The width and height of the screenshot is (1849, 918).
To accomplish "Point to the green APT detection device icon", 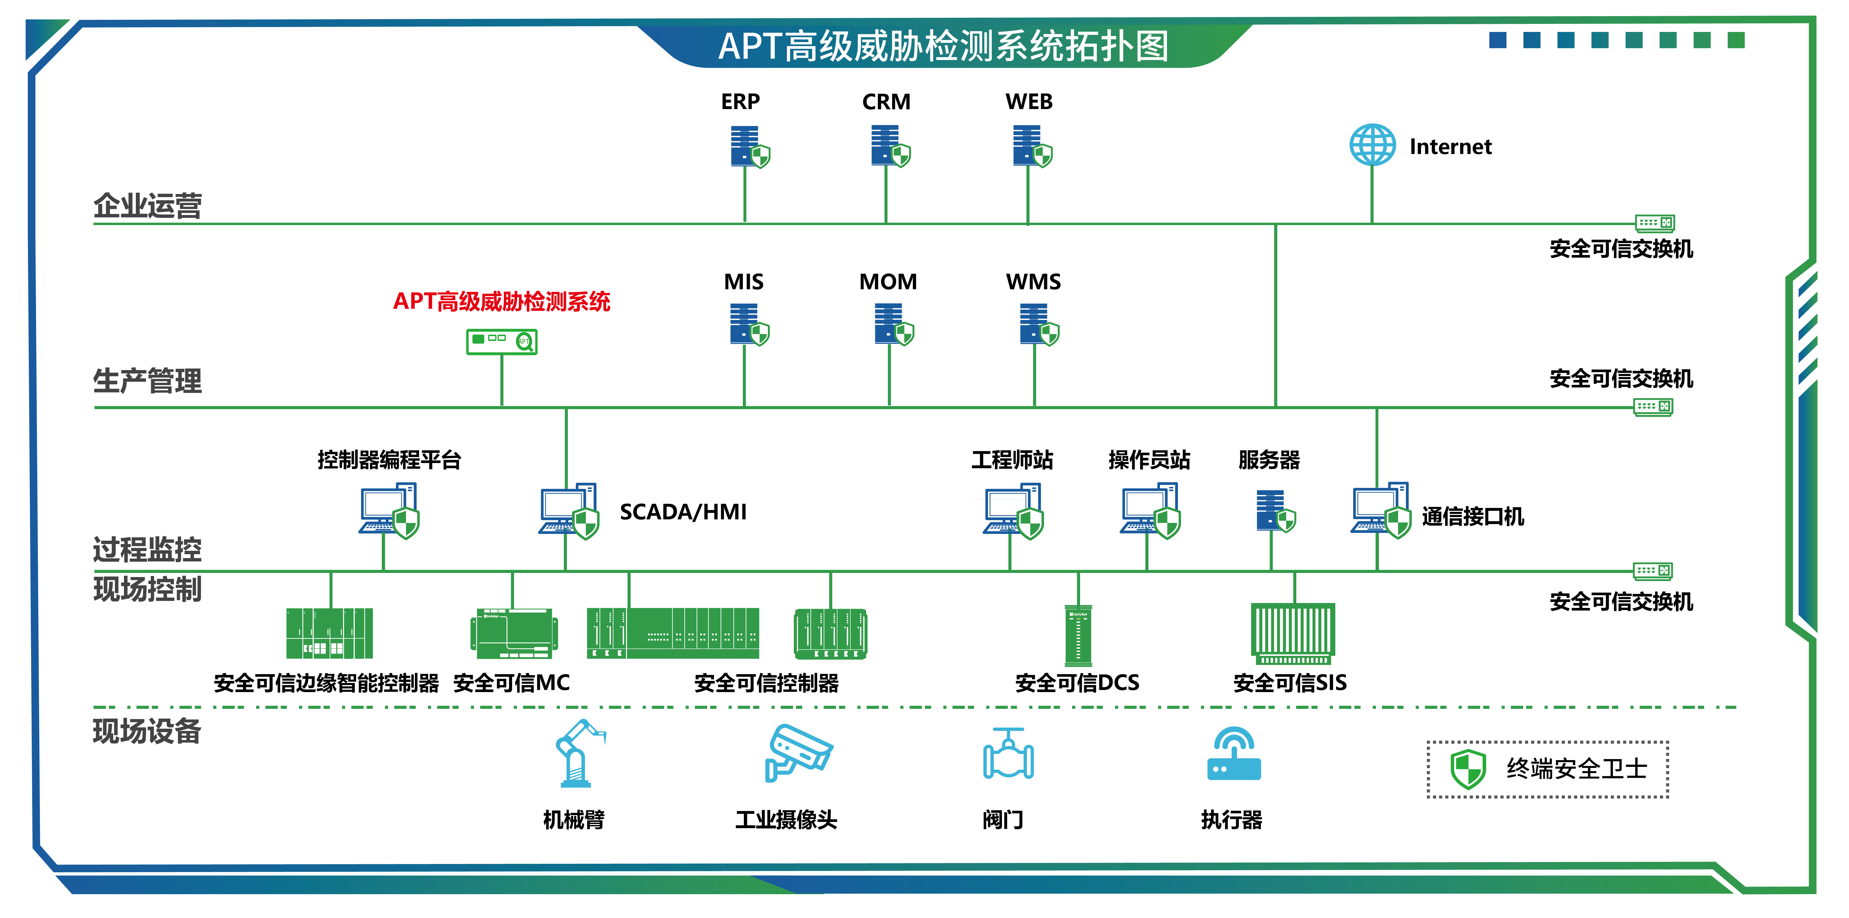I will point(502,342).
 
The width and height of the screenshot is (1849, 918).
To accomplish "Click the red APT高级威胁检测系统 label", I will point(502,301).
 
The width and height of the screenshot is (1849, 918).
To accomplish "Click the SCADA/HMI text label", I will point(683,512).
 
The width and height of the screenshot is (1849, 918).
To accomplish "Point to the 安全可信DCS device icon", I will point(1078,635).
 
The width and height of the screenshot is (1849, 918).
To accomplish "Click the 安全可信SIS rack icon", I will point(1293,633).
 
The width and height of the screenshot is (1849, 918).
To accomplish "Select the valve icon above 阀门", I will point(1008,754).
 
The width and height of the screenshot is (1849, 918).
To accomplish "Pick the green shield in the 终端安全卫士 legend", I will point(1468,769).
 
